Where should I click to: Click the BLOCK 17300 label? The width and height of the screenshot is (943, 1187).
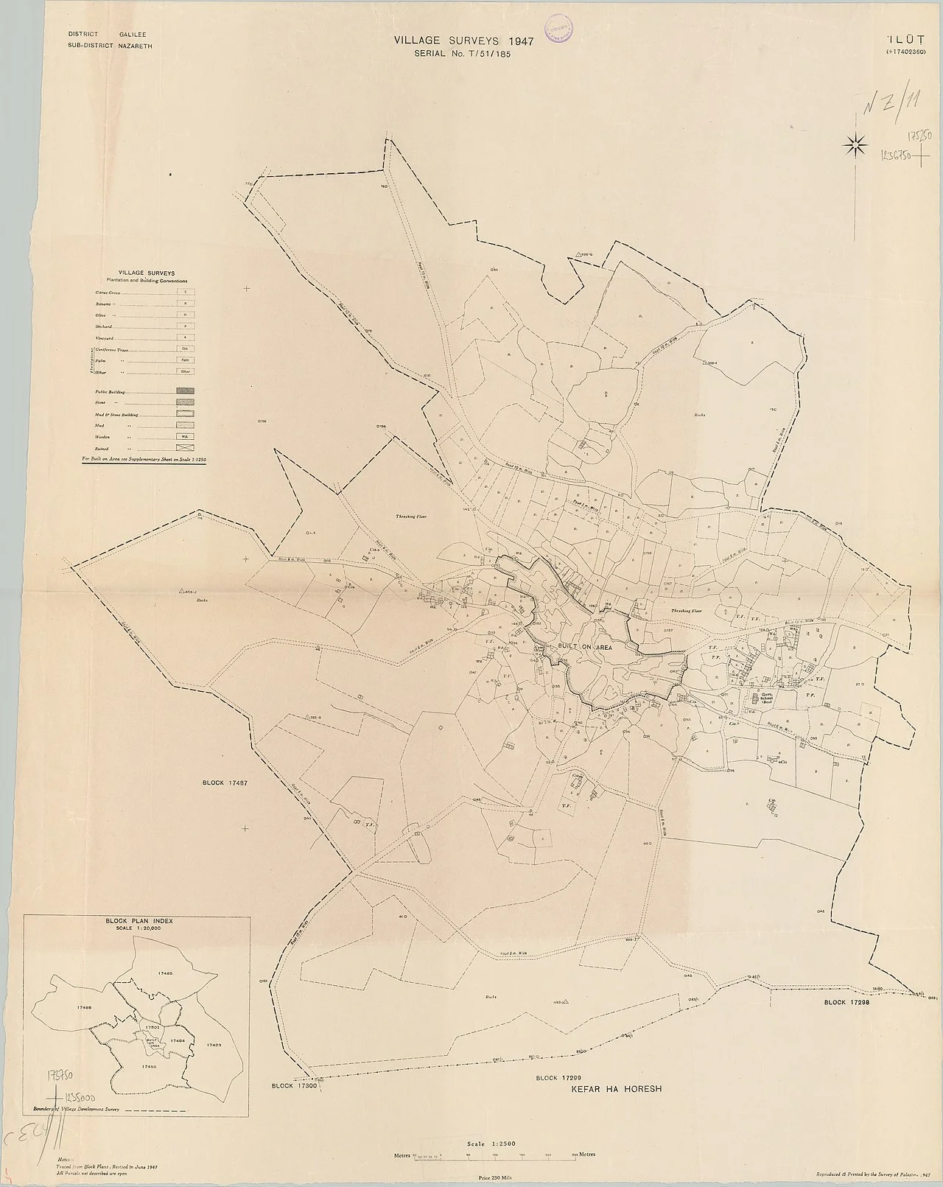click(293, 1086)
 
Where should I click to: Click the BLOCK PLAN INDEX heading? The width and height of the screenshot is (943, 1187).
click(138, 920)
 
